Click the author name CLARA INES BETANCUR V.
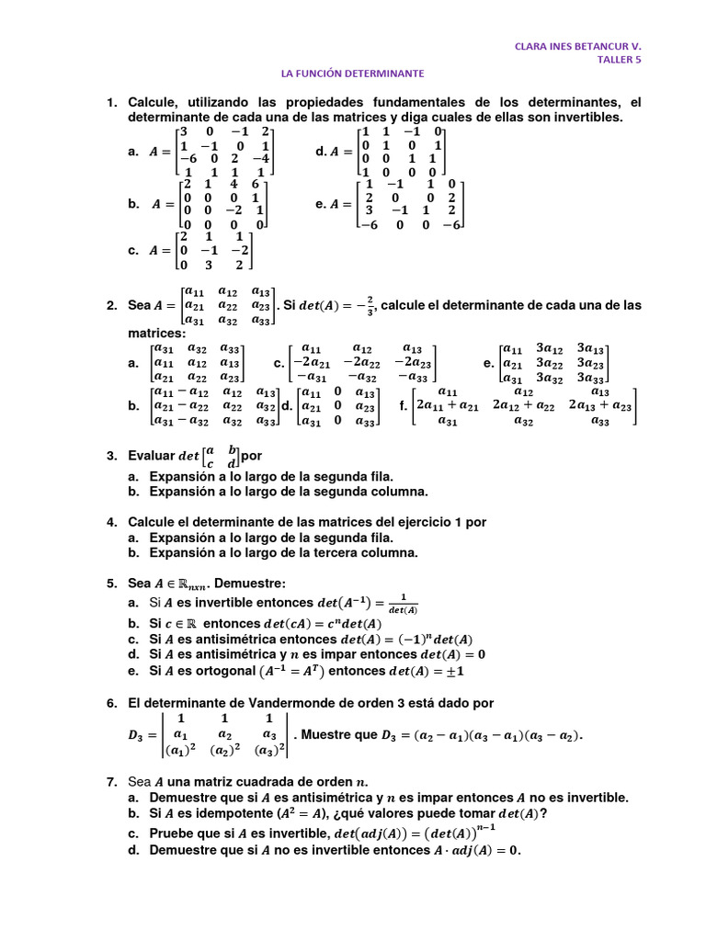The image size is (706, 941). point(577,45)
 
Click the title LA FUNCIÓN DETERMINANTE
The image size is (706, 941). point(352,74)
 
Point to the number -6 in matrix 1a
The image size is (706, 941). point(188,157)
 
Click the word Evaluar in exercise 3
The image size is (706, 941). point(150,456)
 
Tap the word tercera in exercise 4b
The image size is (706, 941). point(336,552)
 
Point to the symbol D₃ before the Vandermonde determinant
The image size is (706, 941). point(138,735)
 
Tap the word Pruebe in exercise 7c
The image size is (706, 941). point(171,833)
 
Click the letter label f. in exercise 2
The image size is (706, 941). point(403,404)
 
